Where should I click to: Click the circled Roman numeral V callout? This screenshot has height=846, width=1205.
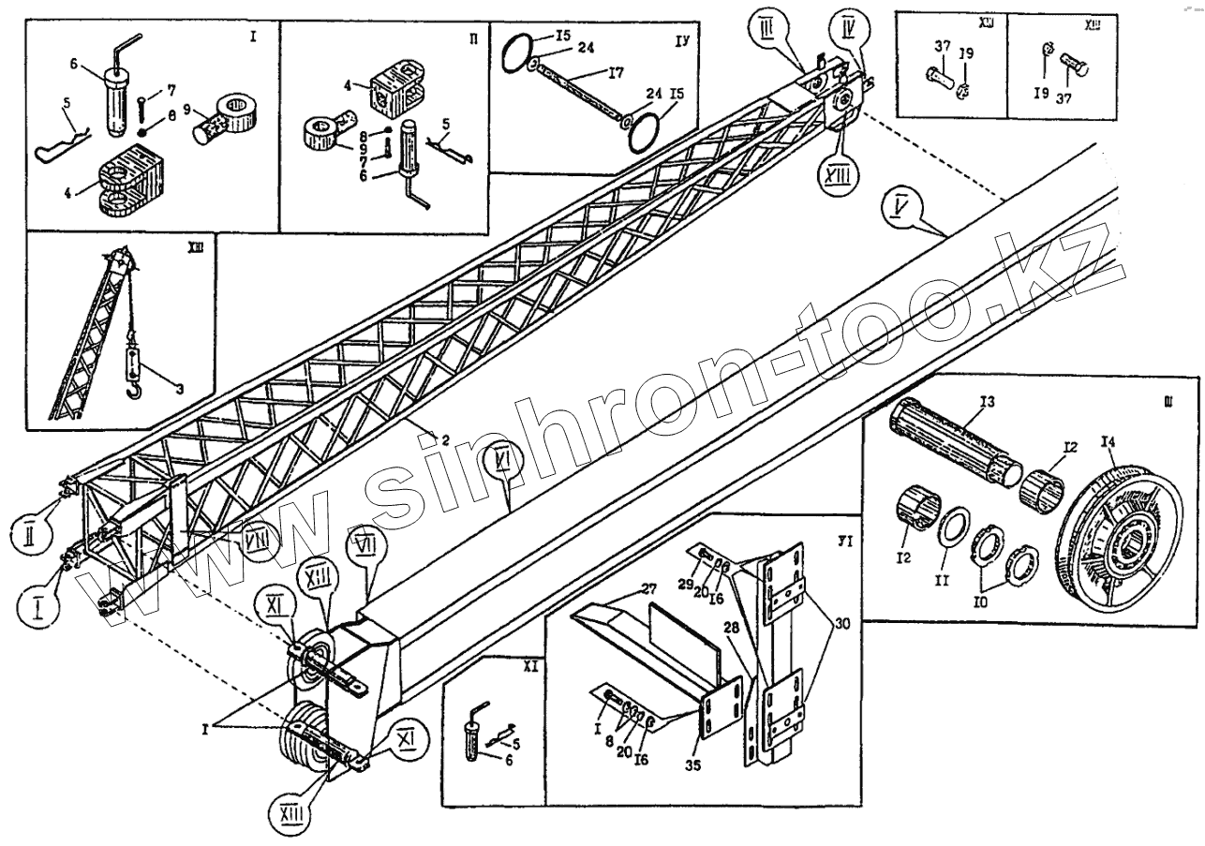[899, 204]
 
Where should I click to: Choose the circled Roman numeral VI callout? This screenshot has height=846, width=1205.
[504, 461]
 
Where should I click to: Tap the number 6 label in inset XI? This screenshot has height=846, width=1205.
[509, 761]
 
